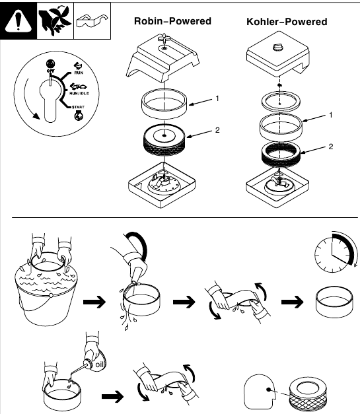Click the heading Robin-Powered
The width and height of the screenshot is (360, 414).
172,21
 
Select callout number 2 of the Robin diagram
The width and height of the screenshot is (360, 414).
217,130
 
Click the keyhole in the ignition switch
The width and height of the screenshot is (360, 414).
50,99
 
